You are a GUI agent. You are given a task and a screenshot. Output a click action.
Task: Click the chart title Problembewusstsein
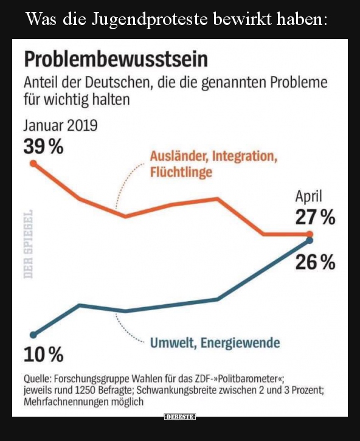point(116,59)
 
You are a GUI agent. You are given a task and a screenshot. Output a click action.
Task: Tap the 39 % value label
point(44,147)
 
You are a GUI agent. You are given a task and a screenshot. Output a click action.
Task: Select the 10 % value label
point(43,353)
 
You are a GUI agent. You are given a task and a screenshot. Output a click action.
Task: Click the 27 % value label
point(315,217)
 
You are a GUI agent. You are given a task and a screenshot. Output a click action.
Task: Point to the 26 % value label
point(315,262)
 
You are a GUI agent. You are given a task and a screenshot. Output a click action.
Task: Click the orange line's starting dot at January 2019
point(33,164)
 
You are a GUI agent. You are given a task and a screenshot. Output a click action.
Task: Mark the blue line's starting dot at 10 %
point(33,334)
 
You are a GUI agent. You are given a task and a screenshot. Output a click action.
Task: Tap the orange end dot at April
point(310,234)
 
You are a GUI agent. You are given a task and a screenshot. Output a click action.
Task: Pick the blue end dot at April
point(310,241)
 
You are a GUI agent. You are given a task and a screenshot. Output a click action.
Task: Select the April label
point(308,196)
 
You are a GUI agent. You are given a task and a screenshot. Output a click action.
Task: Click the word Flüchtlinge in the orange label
point(181,172)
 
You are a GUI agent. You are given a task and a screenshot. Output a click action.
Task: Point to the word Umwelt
point(173,343)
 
